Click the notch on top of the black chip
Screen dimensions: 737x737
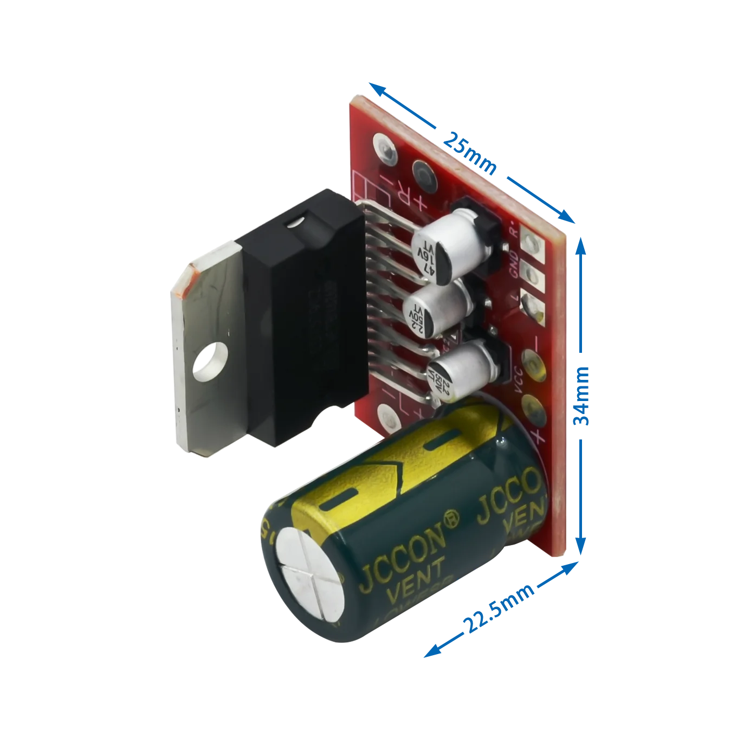pyautogui.click(x=296, y=222)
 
